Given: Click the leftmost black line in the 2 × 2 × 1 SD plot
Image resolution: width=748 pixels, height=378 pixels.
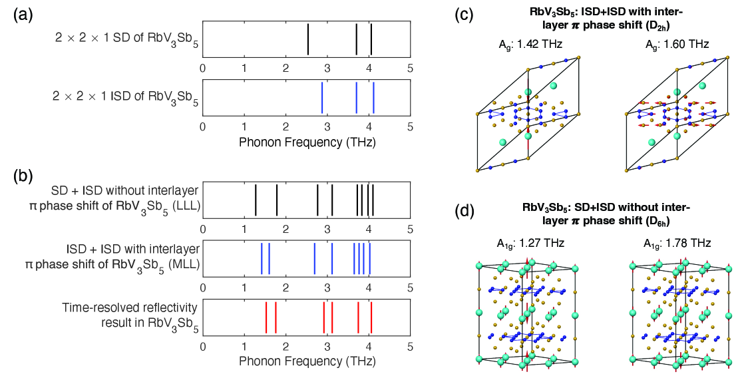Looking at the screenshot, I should click(x=308, y=39).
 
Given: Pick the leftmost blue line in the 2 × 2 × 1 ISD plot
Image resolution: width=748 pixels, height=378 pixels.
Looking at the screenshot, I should click(x=322, y=97).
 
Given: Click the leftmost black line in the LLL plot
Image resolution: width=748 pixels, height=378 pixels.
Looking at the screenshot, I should click(x=256, y=200).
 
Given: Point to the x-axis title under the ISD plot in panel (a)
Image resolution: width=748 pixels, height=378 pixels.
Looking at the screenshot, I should click(x=307, y=141).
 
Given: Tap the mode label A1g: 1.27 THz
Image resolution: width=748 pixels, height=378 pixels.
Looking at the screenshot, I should click(x=526, y=243).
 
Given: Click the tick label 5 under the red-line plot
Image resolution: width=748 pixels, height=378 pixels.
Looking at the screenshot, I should click(x=410, y=346).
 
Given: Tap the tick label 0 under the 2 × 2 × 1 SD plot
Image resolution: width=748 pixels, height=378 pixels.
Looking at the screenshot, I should click(x=203, y=68).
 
